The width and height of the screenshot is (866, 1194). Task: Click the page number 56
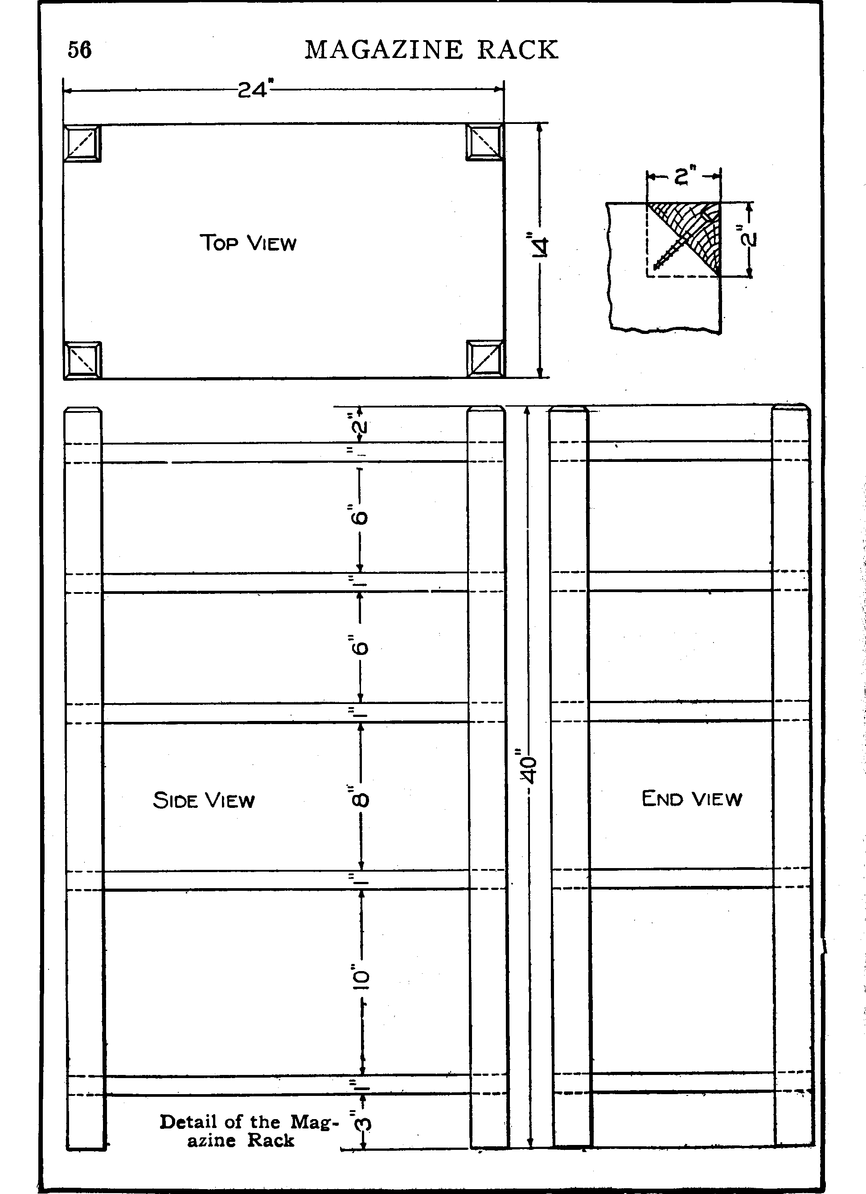(79, 50)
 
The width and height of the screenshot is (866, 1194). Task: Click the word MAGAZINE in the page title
(384, 50)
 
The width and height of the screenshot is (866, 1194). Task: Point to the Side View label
(204, 800)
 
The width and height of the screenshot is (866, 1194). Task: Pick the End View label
(692, 798)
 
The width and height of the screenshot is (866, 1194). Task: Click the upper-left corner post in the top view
(82, 143)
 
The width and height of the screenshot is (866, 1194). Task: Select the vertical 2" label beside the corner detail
(749, 236)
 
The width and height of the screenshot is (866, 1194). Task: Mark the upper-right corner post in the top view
(484, 142)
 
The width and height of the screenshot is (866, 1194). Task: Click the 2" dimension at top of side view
(361, 424)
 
